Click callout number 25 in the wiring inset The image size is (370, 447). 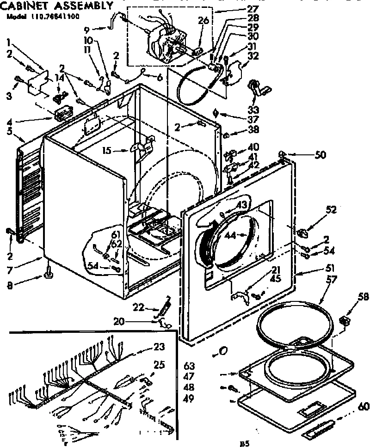[x=159, y=365]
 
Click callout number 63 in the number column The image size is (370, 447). [x=188, y=364]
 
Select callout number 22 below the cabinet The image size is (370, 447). [x=139, y=307]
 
